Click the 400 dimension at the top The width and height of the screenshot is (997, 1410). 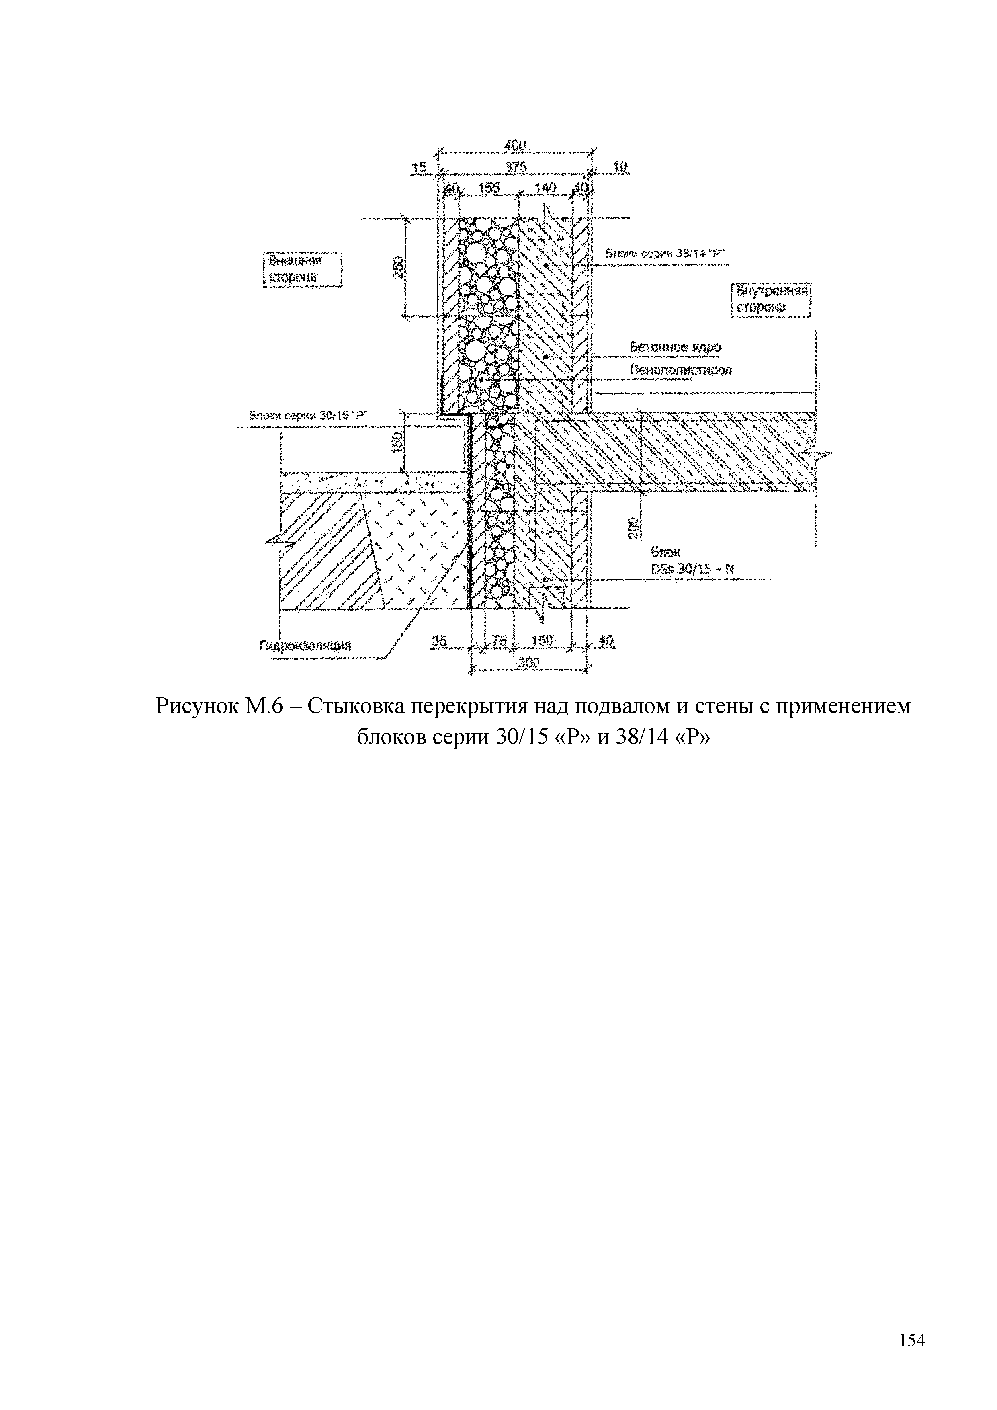coord(515,145)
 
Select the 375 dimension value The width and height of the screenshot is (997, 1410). coord(516,166)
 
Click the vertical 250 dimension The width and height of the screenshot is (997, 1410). coord(398,267)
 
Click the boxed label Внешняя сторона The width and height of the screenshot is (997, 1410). coord(302,269)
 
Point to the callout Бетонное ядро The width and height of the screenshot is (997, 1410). coord(675,347)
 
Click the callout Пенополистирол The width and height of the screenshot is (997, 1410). coord(681,370)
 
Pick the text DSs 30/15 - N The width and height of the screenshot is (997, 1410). coord(692,569)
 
